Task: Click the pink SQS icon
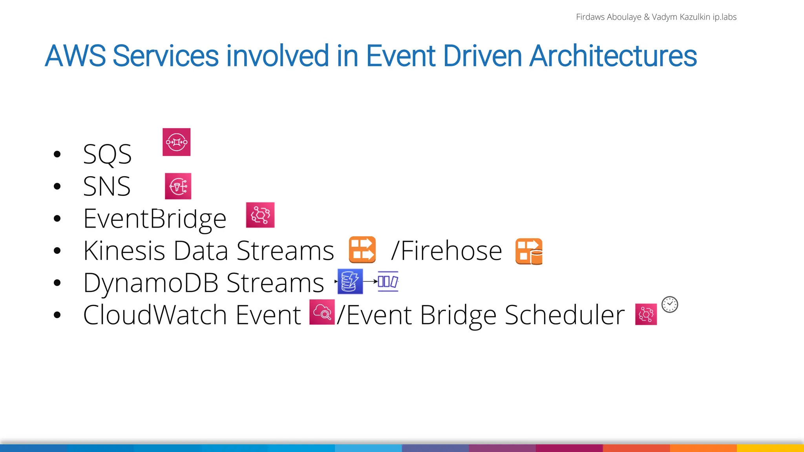176,142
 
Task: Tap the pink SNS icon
178,186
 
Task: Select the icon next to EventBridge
260,215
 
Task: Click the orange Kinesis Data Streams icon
362,250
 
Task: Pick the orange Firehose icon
529,251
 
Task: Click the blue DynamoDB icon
350,281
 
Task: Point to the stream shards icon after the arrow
388,281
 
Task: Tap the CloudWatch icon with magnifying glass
322,312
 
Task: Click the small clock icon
670,304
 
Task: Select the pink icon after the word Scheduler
646,314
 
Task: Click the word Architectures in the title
613,56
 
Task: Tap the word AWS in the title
75,56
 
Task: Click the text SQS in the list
107,154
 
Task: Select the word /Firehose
446,251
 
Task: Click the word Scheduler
564,315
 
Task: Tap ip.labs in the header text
724,17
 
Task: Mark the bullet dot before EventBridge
57,219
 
